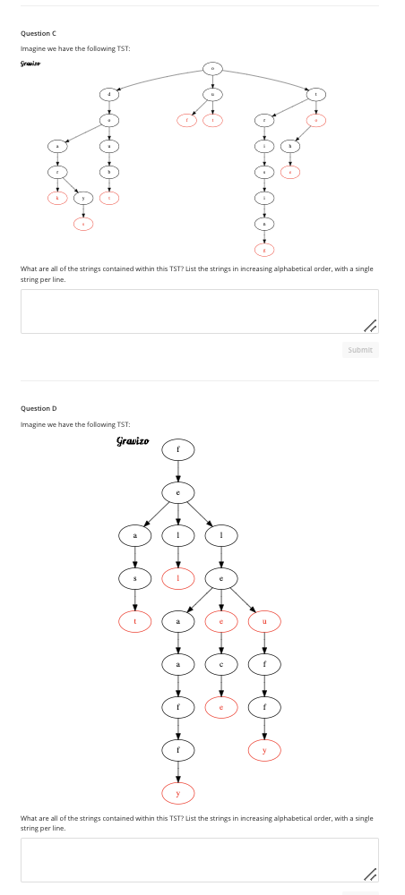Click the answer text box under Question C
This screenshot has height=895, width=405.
point(199,311)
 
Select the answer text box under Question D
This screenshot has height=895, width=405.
point(199,859)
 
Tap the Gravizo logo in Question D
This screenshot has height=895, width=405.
point(133,441)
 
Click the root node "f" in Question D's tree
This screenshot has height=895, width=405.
point(177,448)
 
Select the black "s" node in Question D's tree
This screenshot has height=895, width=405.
point(135,577)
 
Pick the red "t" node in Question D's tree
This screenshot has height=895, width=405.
point(135,620)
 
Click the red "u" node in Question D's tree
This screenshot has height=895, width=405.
point(263,620)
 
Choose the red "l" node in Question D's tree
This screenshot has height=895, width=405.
point(177,577)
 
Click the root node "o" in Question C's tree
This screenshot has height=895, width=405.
point(212,68)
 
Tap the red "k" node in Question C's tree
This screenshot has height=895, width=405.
point(57,197)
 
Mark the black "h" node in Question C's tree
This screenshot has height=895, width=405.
point(289,145)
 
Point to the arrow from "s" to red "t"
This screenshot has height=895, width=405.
point(135,599)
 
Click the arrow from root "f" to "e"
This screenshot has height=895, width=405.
point(177,470)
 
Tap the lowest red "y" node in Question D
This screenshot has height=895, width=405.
point(177,792)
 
